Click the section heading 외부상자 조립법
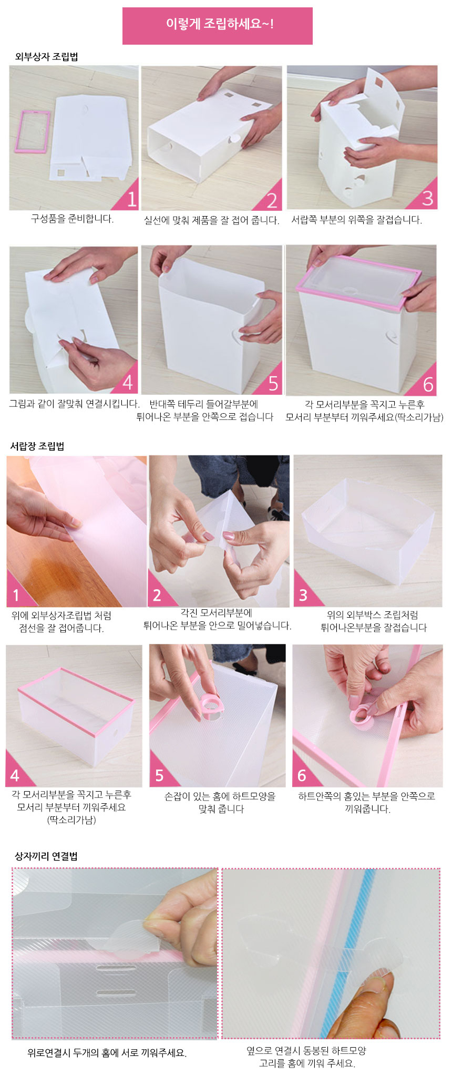point(46,56)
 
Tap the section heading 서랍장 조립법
point(37,446)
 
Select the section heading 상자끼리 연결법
point(46,856)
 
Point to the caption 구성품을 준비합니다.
point(72,219)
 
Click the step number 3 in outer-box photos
point(427,198)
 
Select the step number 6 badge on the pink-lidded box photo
point(428,385)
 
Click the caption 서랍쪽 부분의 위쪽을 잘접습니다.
point(357,219)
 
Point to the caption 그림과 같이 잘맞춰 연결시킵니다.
point(74,403)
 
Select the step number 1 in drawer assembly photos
point(16,595)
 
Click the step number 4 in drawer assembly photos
point(15,775)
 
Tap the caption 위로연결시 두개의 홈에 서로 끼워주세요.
point(107,1052)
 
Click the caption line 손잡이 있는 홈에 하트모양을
point(220,796)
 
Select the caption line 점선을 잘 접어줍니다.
point(61,628)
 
